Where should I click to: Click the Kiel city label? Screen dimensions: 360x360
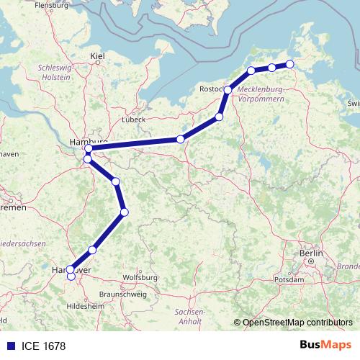[98, 55]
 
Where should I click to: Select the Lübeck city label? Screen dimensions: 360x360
[134, 119]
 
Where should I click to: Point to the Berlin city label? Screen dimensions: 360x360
[312, 253]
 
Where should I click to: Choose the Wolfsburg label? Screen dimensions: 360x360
[140, 276]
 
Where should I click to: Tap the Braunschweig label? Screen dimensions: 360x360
[122, 294]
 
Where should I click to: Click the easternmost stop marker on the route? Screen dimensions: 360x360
[290, 64]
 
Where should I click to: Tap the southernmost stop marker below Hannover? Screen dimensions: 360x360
[71, 276]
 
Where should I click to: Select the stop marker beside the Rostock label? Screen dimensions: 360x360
[228, 90]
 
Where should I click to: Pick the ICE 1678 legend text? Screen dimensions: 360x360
[42, 346]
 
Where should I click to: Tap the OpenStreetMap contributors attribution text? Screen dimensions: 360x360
[297, 323]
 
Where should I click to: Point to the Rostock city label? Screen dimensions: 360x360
[212, 89]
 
